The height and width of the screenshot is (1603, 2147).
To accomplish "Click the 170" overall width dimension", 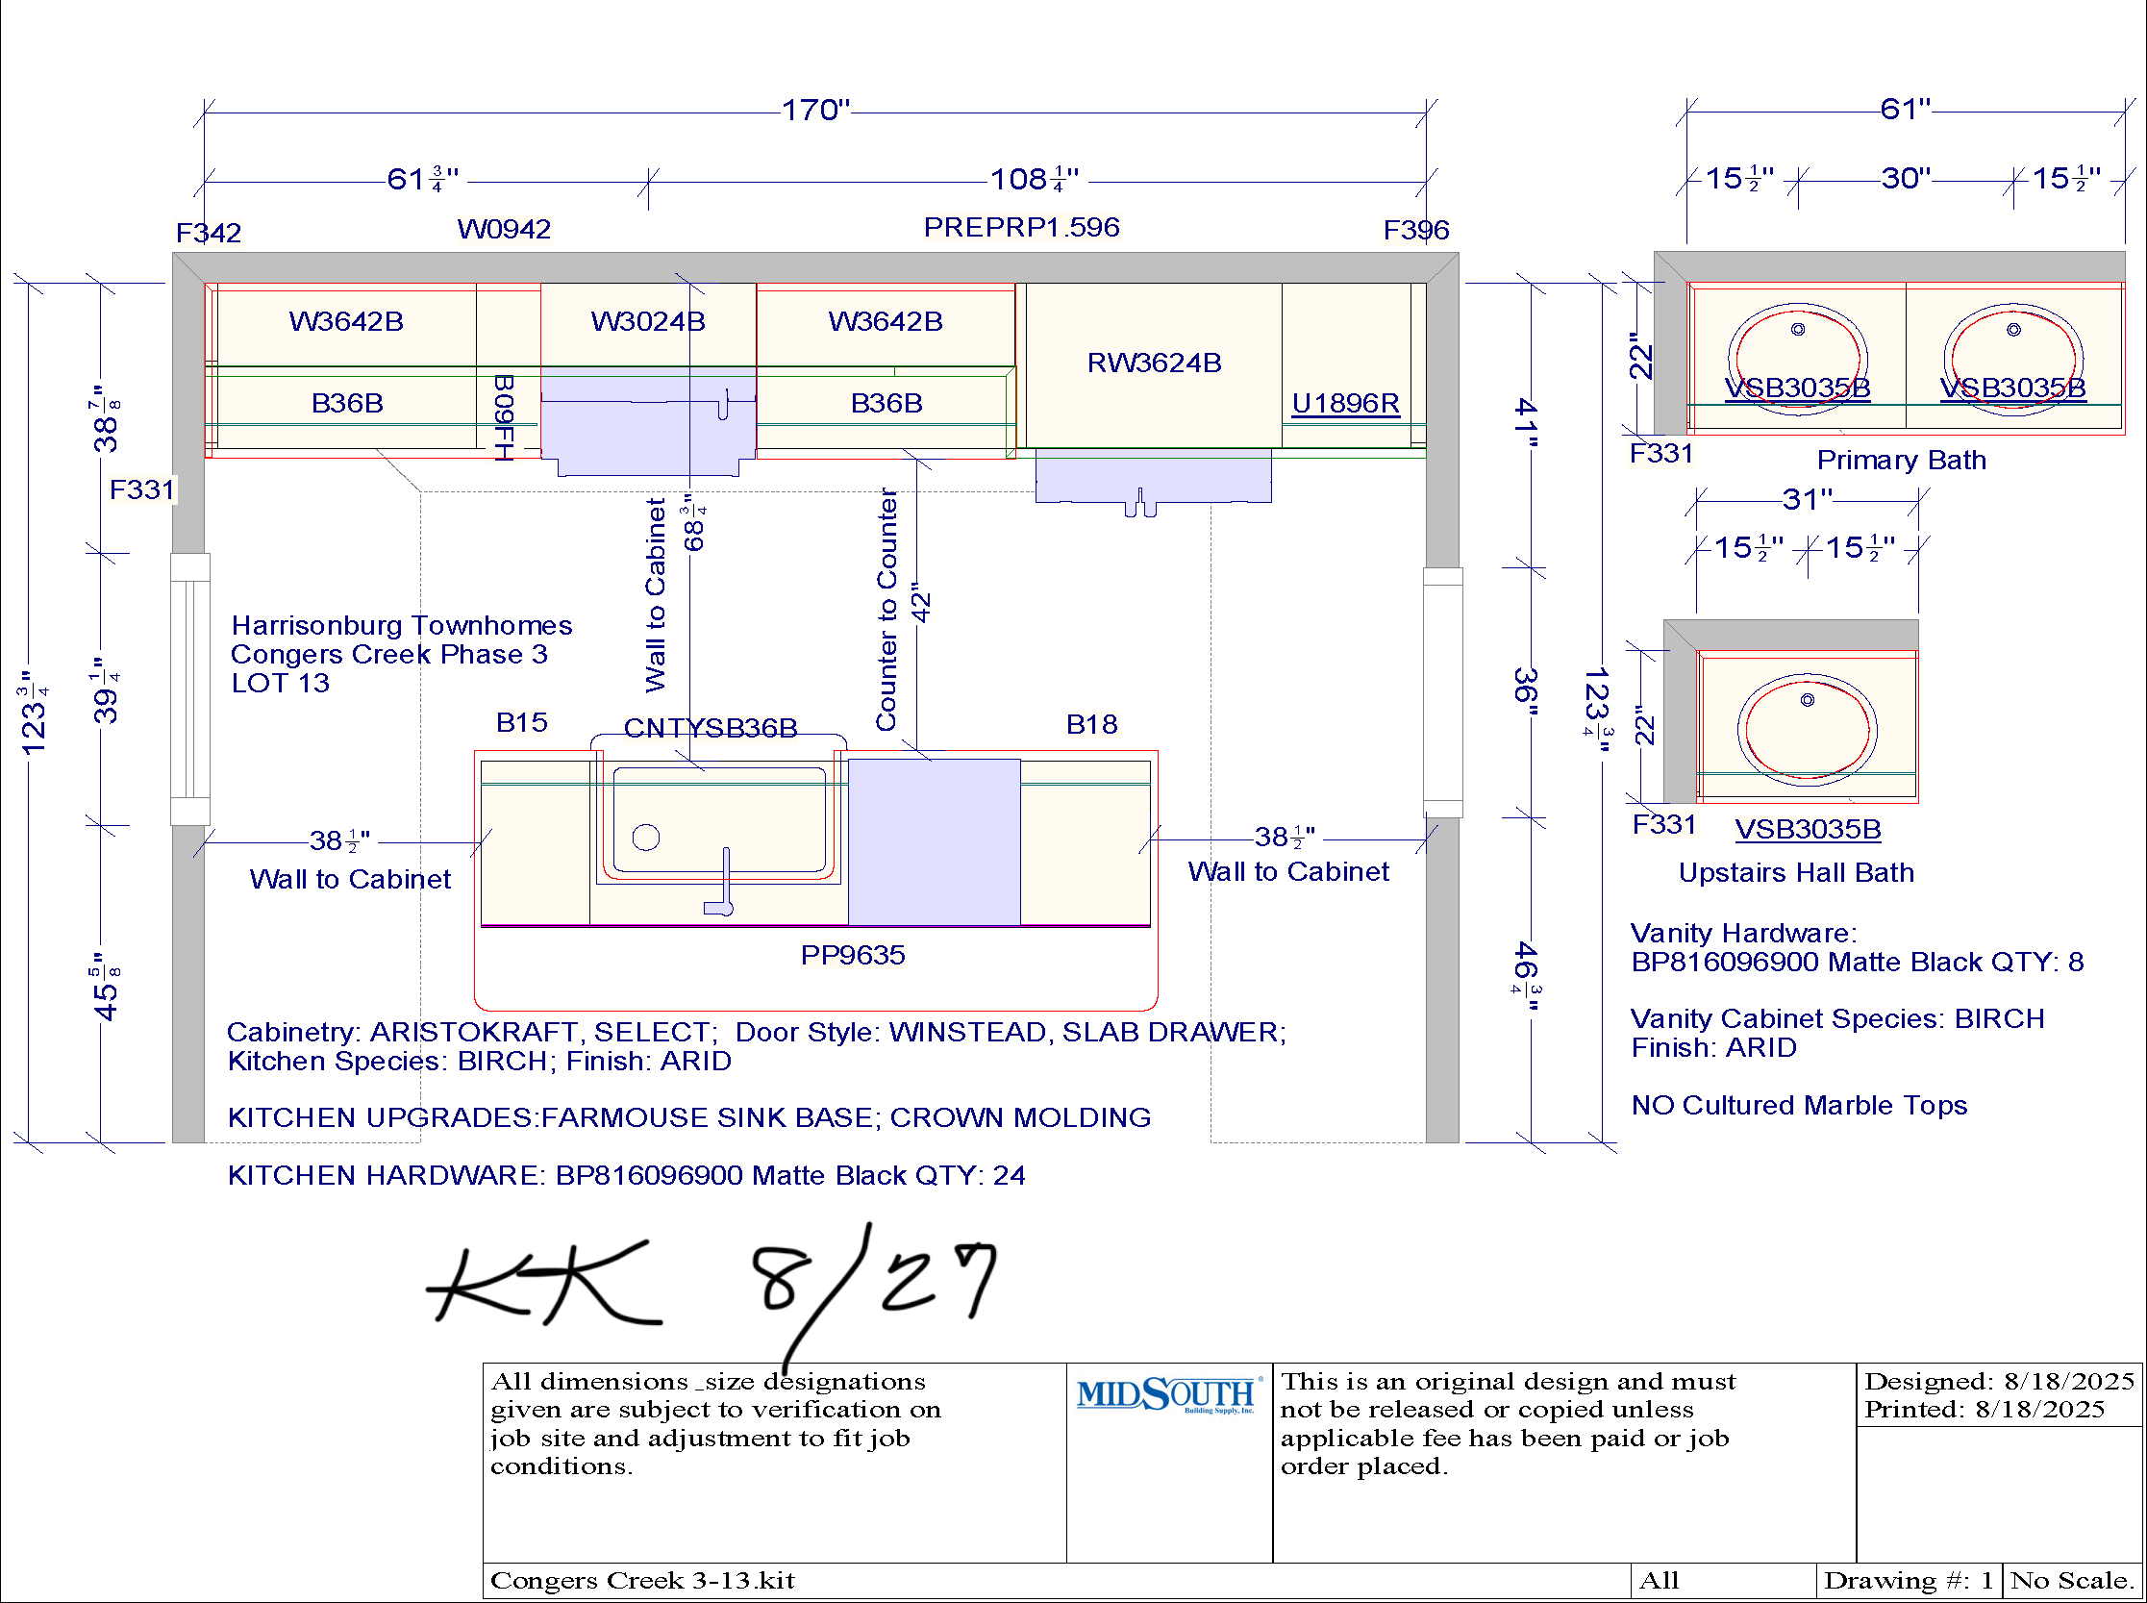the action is pos(816,110).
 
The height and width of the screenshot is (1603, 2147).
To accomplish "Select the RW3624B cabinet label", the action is pos(1154,363).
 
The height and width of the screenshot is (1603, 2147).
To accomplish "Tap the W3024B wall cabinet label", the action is pos(647,321).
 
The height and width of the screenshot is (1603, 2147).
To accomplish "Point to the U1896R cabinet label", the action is pos(1346,403).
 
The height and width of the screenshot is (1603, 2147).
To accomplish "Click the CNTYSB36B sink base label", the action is pos(711,728).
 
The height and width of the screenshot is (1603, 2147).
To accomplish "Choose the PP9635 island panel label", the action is pos(853,955).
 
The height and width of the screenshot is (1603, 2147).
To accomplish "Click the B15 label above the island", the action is pos(522,722).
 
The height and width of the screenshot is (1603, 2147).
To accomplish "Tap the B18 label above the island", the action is pos(1091,724).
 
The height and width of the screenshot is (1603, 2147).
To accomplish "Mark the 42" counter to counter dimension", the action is pos(921,603).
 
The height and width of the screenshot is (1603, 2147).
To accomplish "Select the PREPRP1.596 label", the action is pos(1022,227).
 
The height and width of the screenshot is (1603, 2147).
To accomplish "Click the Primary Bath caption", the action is pos(1902,460).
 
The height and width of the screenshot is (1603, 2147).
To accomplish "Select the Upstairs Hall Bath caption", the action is pos(1797,872).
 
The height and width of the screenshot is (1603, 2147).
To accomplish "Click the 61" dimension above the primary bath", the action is pos(1906,109).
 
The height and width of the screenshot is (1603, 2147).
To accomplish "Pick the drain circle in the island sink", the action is pos(646,837).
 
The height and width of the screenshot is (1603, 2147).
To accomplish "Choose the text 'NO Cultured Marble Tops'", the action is pos(1800,1105).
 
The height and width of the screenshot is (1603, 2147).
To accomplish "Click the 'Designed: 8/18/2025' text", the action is pos(2000,1381).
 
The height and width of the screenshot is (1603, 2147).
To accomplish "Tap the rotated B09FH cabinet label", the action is pos(504,417).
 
